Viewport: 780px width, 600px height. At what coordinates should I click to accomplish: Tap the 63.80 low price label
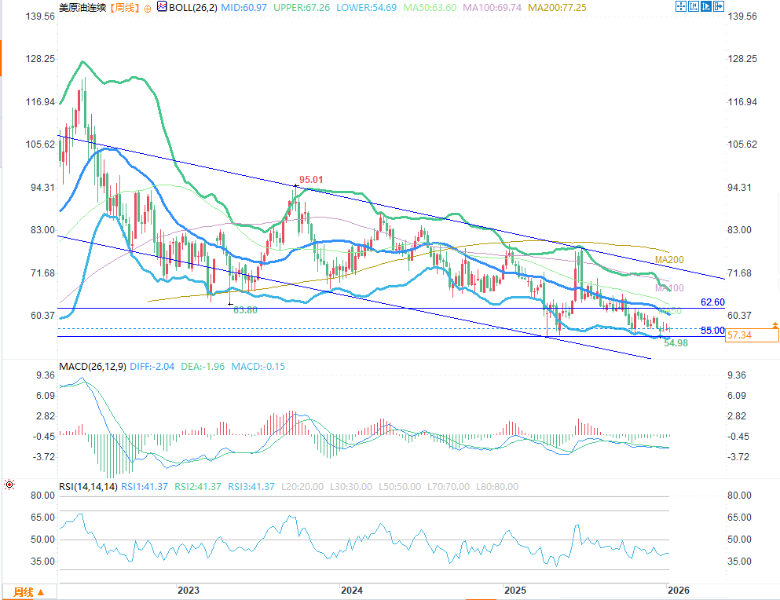[246, 310]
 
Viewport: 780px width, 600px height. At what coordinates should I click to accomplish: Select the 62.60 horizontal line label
[712, 302]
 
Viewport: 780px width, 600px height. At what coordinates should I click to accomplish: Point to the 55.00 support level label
[712, 331]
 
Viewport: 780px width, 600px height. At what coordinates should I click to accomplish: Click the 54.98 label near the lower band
[676, 343]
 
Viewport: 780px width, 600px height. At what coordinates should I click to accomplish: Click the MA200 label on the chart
[669, 260]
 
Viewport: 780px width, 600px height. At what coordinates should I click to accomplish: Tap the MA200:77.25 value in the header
[559, 7]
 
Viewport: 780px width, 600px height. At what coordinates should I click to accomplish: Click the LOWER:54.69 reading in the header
[368, 7]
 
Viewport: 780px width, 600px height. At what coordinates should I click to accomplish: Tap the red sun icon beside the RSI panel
[9, 486]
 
